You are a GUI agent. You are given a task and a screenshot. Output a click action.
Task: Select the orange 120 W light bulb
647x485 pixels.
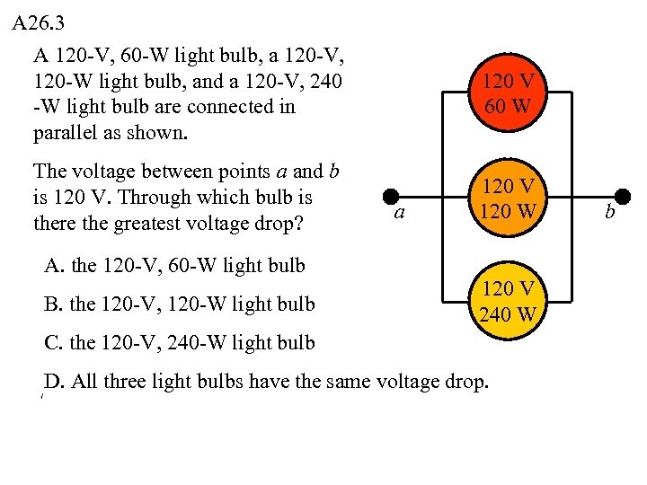[508, 198]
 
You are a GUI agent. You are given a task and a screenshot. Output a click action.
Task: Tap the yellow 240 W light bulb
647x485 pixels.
[508, 301]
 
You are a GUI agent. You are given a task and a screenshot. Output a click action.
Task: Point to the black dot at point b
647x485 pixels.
[622, 197]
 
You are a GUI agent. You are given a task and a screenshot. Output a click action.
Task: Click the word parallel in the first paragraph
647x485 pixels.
[64, 134]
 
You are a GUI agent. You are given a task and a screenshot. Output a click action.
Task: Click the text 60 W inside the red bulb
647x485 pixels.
[508, 108]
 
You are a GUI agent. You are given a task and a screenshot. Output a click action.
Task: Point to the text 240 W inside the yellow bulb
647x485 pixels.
[508, 313]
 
